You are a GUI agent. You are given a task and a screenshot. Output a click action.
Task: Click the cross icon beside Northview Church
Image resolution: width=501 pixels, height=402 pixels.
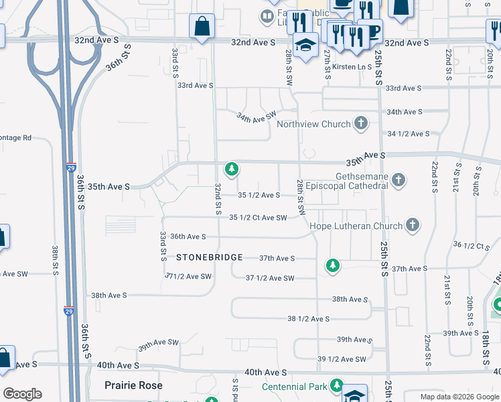[x=361, y=123]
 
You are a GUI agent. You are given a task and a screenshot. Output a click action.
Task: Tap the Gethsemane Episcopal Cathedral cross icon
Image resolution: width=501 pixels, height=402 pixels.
[x=399, y=180]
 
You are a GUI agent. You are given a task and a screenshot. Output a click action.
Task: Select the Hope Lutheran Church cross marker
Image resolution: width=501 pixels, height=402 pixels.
[x=413, y=225]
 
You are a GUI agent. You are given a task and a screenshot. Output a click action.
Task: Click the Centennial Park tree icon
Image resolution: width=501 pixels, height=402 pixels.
[x=336, y=386]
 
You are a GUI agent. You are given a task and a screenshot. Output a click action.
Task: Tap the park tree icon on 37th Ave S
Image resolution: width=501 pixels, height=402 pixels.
[x=332, y=266]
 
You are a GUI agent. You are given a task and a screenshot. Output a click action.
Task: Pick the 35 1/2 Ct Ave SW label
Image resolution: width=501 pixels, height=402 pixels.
[x=258, y=217]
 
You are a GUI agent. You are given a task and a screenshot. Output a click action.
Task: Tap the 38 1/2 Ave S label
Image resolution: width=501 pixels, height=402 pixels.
[x=308, y=319]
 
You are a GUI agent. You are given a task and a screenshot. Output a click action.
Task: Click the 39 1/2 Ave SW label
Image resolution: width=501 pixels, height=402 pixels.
[x=342, y=359]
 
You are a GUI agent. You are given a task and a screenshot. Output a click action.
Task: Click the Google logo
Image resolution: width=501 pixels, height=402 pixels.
[x=22, y=394]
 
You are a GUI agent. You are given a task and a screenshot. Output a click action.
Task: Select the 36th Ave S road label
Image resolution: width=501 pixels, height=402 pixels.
[x=188, y=237]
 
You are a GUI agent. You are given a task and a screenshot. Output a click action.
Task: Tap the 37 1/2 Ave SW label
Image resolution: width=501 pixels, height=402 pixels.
[x=270, y=278]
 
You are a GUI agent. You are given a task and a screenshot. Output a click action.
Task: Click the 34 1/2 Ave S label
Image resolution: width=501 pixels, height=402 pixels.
[x=408, y=134]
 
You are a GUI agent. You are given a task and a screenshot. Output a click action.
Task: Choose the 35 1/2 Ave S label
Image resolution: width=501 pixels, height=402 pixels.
[x=259, y=195]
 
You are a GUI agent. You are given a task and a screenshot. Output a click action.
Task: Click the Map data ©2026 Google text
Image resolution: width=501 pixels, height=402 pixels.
[x=459, y=397]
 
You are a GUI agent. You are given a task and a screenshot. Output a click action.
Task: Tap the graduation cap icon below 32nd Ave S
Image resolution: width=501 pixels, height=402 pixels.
[x=307, y=44]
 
